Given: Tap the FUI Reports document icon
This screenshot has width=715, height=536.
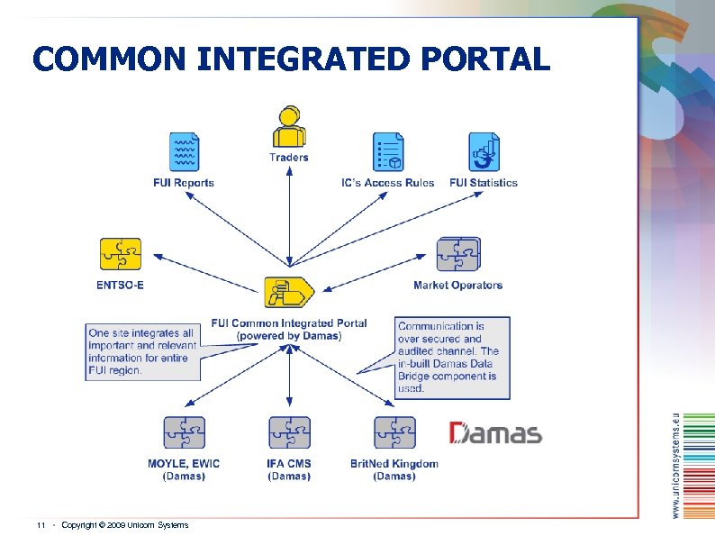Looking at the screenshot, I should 184,152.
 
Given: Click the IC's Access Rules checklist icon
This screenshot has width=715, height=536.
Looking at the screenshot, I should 388,152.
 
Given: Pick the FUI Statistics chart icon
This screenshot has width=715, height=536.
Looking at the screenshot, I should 484,152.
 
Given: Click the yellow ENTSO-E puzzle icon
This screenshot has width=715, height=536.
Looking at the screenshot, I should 120,255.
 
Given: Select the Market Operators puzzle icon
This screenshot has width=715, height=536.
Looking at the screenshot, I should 458,255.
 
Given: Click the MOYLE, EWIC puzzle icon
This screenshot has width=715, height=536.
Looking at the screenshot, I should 184,433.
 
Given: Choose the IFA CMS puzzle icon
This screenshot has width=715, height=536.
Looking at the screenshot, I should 289,433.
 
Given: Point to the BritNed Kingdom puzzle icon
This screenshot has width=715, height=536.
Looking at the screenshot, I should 394,433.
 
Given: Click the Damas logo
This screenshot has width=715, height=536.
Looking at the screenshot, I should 496,433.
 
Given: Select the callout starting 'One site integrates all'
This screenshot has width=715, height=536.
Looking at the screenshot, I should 141,351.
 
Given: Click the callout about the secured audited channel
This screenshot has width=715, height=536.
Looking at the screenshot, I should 452,357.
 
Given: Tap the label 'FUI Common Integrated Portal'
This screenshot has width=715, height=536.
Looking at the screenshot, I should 289,323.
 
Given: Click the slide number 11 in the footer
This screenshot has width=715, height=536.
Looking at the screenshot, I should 41,524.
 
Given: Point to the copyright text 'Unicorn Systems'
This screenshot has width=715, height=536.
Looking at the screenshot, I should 162,524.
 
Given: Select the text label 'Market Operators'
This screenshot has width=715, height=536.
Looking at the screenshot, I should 457,286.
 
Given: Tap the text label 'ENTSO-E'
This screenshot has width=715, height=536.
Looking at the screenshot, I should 120,286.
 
